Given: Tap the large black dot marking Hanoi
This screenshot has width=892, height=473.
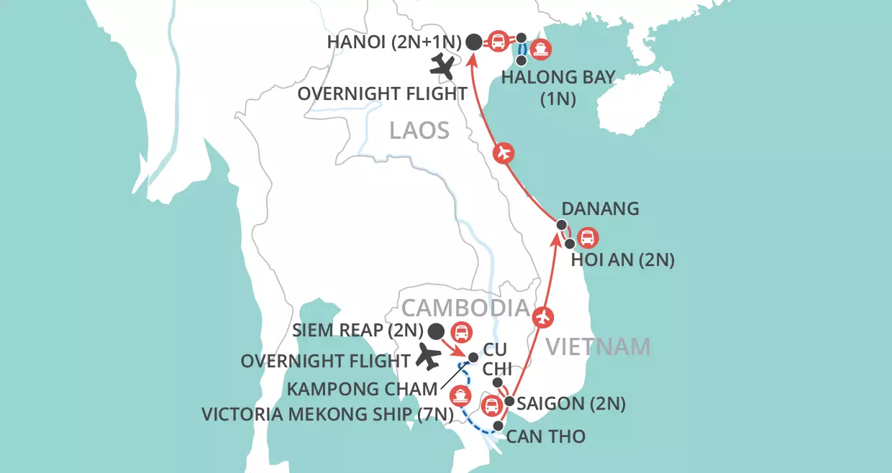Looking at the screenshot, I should click(x=473, y=42).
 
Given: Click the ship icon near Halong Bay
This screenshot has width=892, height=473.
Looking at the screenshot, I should click(x=542, y=49).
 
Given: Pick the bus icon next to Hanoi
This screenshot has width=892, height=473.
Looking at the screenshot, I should click(x=497, y=41).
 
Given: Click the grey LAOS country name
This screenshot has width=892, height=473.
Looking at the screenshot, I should click(x=419, y=131).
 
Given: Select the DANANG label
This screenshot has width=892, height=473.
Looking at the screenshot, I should click(x=600, y=208).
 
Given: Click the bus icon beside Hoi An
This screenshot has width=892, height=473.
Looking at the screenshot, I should click(x=588, y=237).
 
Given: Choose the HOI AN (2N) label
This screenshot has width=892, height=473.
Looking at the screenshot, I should click(x=622, y=260).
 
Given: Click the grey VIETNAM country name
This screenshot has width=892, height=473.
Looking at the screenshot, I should click(x=598, y=346).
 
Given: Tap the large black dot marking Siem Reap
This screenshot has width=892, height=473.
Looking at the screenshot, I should click(x=435, y=331).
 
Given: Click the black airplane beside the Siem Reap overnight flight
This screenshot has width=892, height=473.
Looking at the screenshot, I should click(x=427, y=357).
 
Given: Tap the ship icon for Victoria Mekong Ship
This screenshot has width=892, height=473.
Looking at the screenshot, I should click(x=460, y=396).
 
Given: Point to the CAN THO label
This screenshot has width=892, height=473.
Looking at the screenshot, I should click(x=545, y=436).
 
